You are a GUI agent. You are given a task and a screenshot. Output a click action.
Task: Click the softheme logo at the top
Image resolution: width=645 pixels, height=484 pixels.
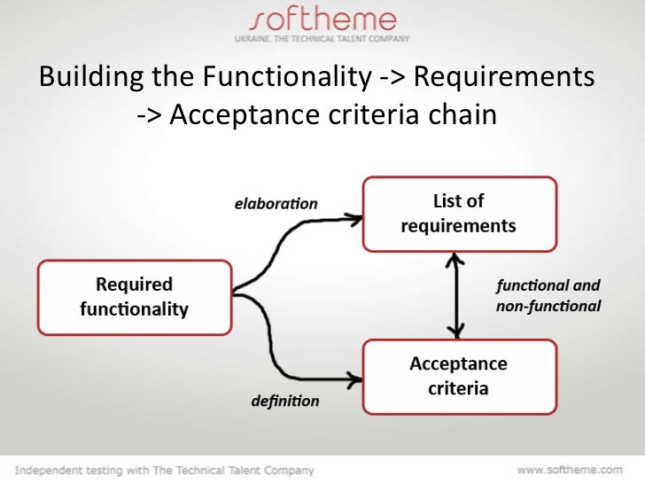(322, 20)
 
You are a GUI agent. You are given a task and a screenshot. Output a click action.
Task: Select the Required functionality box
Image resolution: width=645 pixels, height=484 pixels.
(134, 297)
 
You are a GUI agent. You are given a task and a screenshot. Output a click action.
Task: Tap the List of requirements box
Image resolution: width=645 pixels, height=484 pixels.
(458, 213)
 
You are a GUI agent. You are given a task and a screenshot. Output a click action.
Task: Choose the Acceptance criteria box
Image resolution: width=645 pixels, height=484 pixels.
(458, 376)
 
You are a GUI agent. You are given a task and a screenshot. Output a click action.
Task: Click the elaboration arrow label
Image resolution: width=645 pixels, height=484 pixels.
(276, 204)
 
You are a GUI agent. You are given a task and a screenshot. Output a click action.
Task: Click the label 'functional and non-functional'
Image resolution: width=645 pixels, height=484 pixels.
(548, 296)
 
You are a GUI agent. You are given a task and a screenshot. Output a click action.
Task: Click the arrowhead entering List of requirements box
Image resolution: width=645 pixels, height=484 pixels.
(355, 215)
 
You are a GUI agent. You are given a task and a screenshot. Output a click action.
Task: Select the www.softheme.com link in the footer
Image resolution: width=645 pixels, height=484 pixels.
(569, 469)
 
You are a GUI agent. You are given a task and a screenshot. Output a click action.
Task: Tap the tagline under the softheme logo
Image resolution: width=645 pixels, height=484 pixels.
(322, 40)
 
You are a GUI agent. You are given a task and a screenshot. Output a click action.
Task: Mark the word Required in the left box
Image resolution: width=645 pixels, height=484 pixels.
(134, 285)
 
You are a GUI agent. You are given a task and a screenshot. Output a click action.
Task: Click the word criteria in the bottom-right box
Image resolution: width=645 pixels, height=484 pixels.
(458, 387)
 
